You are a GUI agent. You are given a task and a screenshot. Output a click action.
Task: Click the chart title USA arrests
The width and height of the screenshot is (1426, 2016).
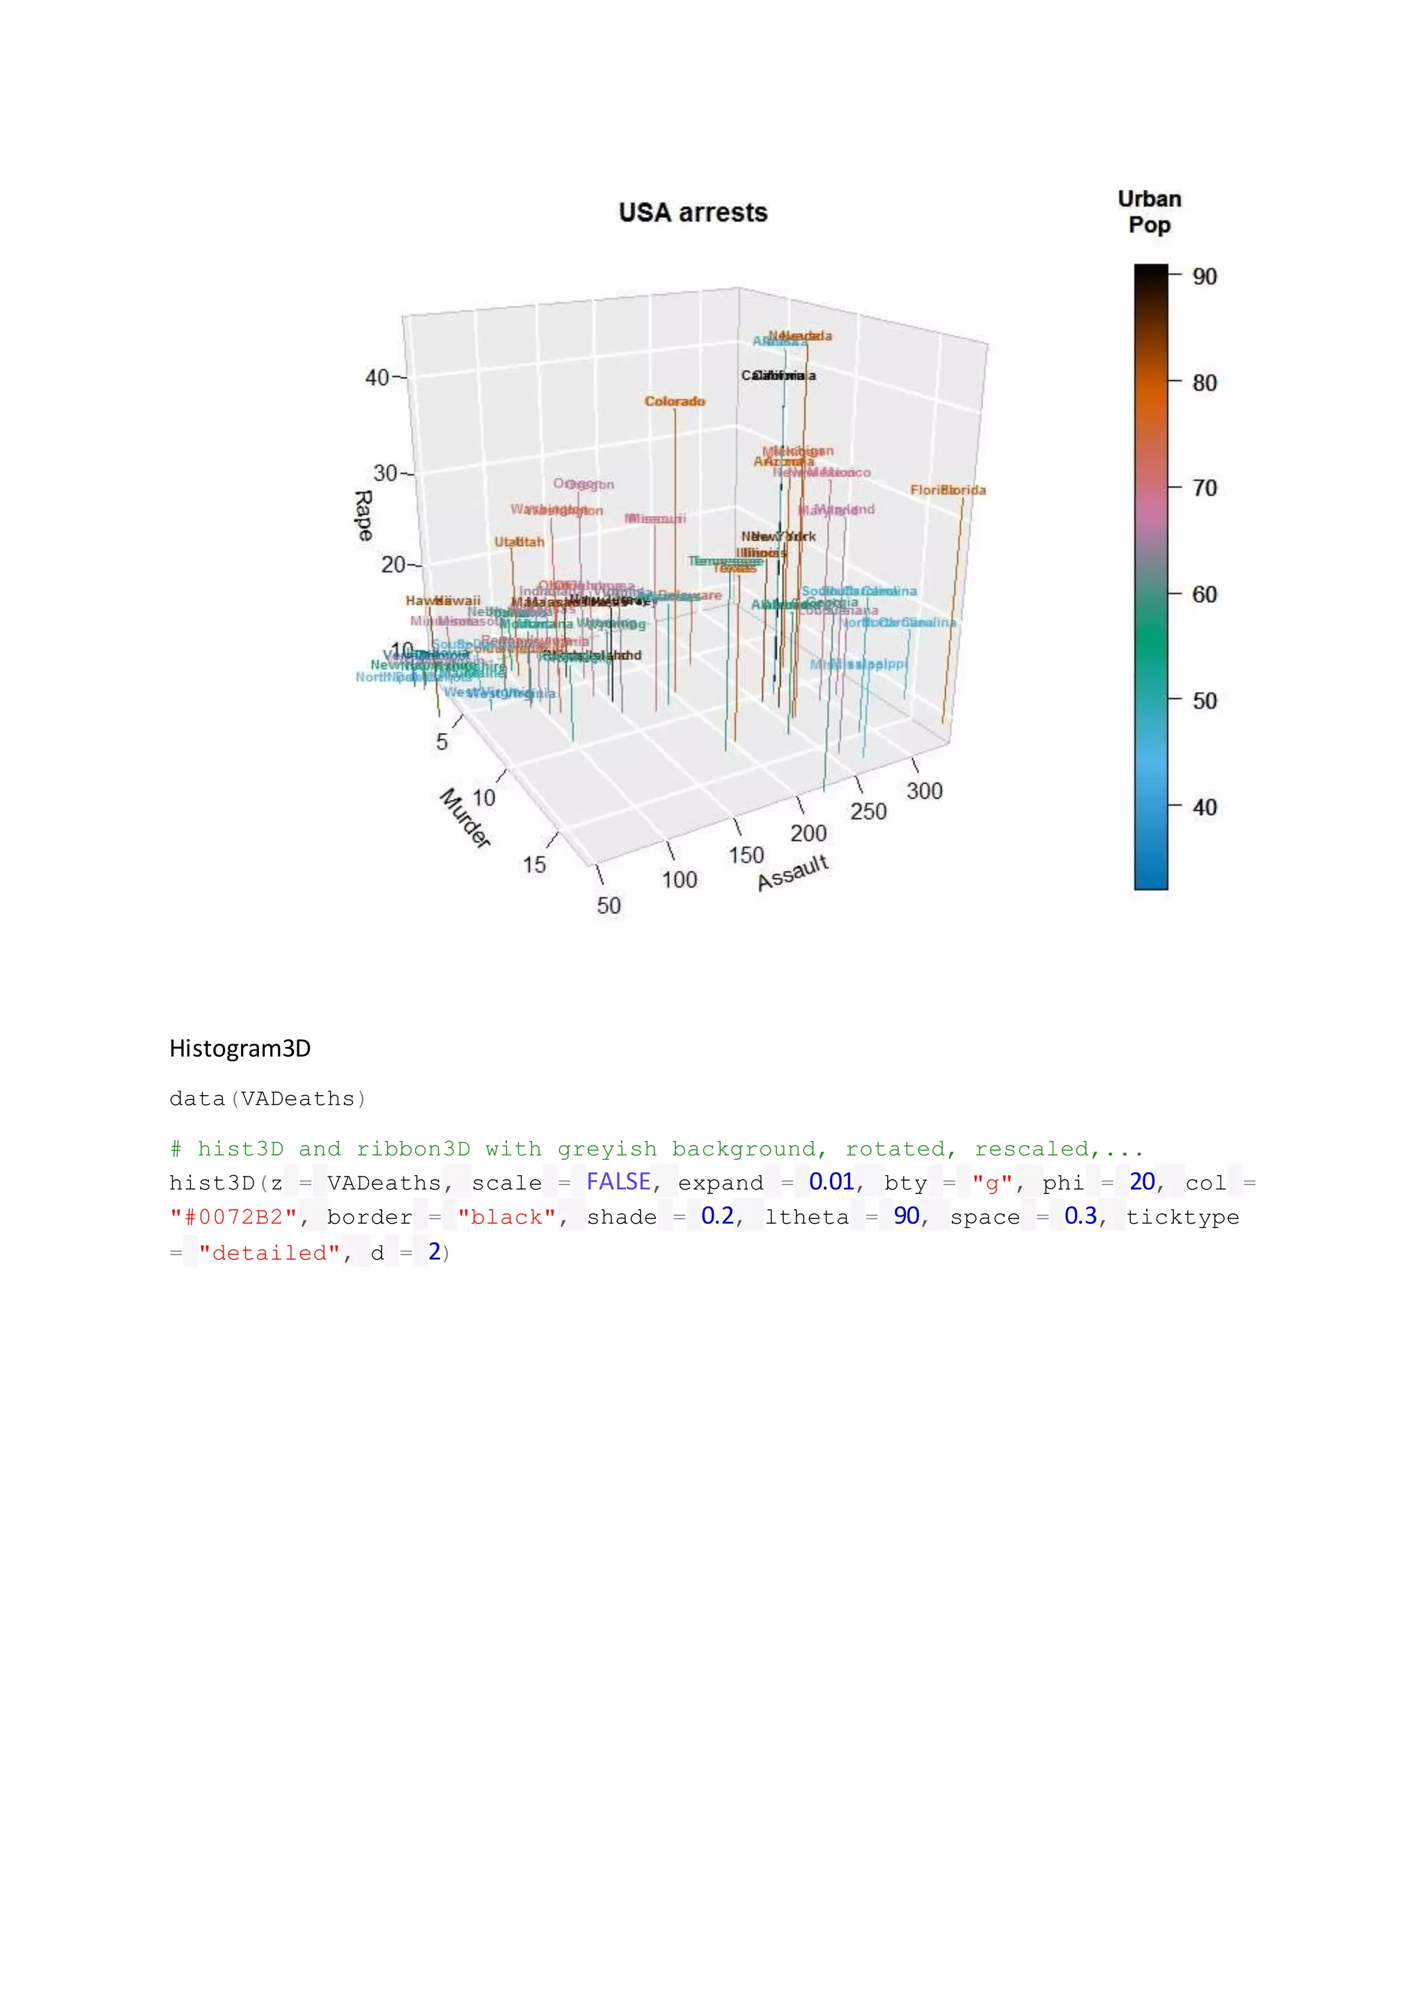[x=693, y=212]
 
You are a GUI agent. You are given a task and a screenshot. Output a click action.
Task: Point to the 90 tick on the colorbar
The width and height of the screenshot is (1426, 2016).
[x=1204, y=276]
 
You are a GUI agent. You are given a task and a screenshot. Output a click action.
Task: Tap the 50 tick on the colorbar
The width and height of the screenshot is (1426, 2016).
[x=1204, y=701]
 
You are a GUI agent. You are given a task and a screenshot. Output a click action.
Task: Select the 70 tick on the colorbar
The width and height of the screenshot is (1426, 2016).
[x=1204, y=488]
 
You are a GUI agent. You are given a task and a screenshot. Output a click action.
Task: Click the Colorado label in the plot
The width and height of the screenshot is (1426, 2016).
[x=675, y=401]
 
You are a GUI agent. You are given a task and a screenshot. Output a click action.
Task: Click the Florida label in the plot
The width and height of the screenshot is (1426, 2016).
[x=948, y=490]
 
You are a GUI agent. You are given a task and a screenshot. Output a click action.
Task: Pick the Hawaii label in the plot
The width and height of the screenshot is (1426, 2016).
[x=443, y=601]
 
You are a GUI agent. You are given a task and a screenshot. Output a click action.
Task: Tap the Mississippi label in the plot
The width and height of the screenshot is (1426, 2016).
[x=858, y=665]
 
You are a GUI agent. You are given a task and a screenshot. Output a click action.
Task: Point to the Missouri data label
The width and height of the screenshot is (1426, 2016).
[x=655, y=519]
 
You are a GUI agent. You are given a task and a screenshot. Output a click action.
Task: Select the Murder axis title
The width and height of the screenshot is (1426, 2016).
[x=464, y=817]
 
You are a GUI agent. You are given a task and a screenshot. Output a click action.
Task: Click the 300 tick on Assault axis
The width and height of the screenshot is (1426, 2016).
[x=924, y=791]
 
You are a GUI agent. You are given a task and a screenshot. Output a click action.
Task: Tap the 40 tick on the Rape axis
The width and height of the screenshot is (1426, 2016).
[x=377, y=377]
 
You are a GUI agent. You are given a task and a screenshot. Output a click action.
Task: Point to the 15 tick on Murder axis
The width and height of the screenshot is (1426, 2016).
[x=534, y=865]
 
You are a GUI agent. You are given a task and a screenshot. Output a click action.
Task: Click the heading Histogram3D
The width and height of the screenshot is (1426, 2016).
[x=240, y=1048]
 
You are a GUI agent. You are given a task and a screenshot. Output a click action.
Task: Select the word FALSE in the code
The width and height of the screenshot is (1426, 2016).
[x=618, y=1182]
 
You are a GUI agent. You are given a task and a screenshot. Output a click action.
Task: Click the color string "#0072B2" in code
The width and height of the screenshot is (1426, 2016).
[x=233, y=1217]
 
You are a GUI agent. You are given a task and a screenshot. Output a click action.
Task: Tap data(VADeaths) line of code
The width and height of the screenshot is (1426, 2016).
[x=267, y=1098]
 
